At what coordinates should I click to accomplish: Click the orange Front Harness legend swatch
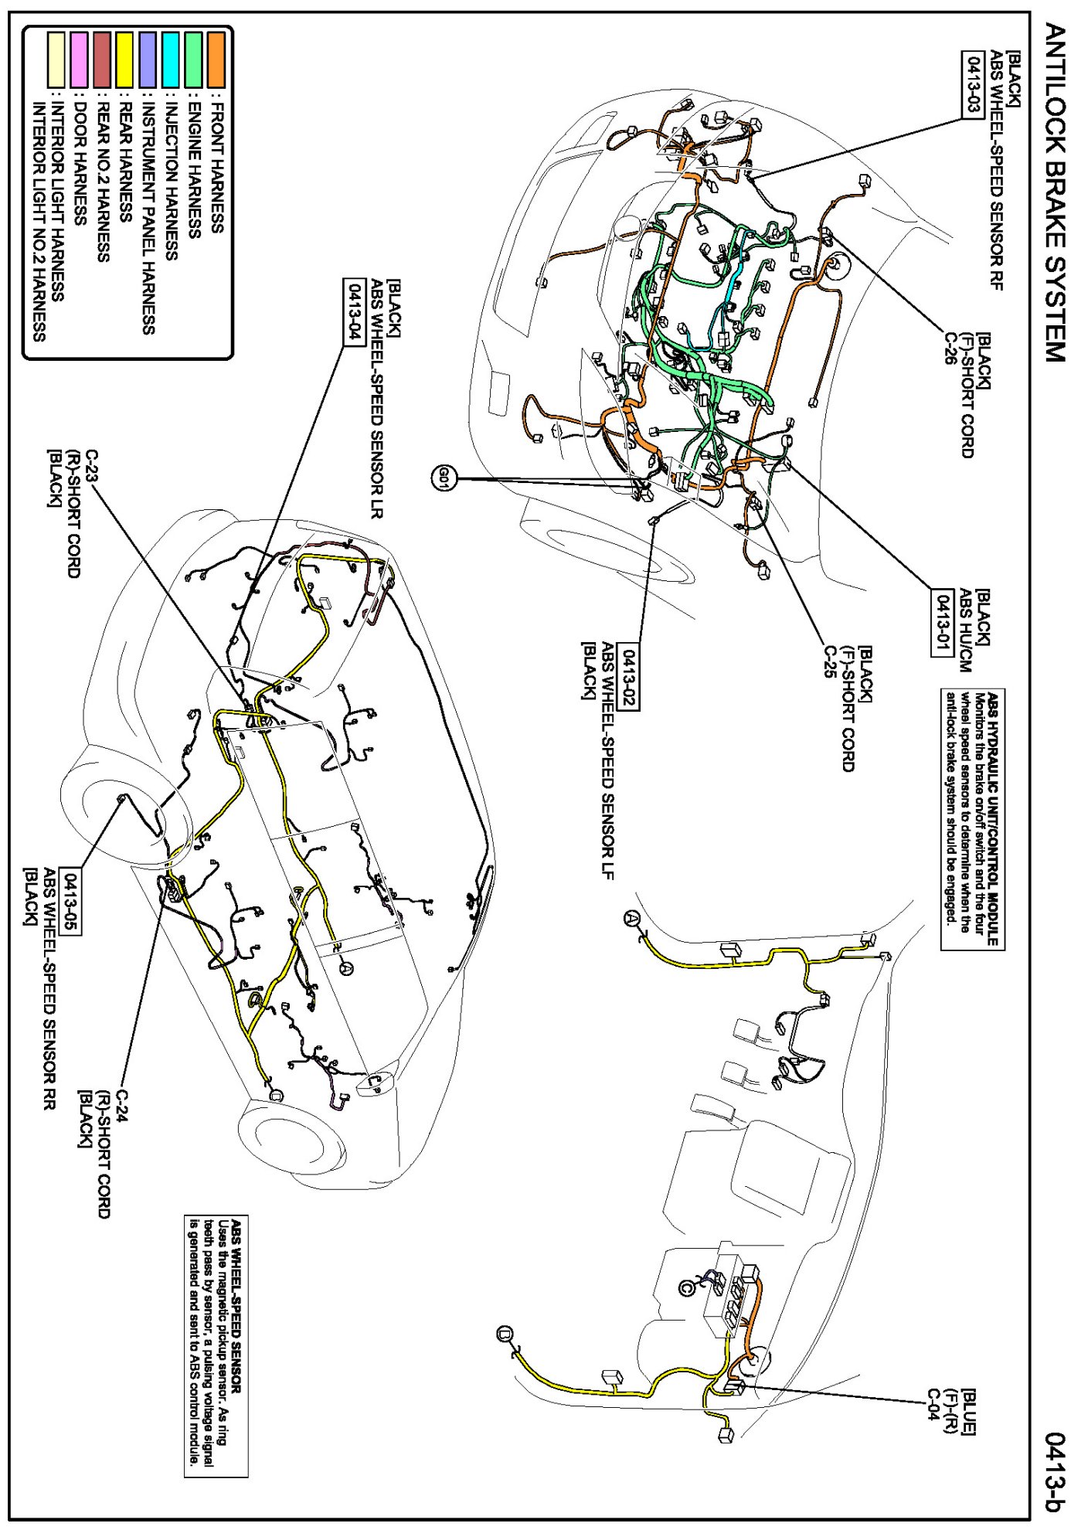tap(216, 59)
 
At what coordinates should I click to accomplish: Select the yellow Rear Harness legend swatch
tap(124, 59)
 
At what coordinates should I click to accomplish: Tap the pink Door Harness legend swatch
tap(78, 59)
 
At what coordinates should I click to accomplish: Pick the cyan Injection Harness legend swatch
tap(170, 59)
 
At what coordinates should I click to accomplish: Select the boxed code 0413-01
tap(940, 623)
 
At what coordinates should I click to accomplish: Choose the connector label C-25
tap(830, 662)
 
